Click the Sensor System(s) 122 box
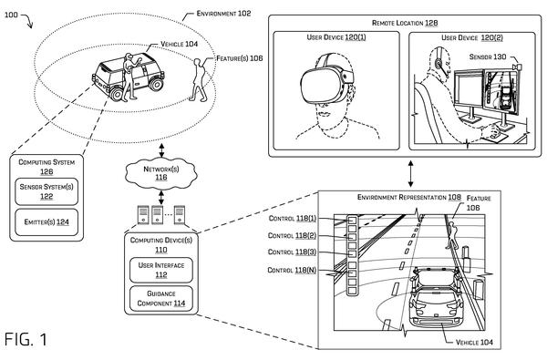[x=46, y=191]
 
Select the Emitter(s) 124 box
[x=46, y=222]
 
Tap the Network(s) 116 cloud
[x=161, y=173]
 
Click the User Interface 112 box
[x=161, y=270]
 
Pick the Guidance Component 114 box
[x=161, y=299]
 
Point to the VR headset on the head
[x=326, y=84]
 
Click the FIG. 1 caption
[x=26, y=339]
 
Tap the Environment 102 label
[x=223, y=14]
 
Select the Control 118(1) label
[x=293, y=219]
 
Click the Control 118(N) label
[x=292, y=270]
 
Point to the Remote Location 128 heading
[x=405, y=23]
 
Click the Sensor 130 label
[x=488, y=57]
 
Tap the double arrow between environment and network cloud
[x=161, y=150]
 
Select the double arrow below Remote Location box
[x=410, y=173]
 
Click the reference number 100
[x=11, y=15]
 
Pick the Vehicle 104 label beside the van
[x=179, y=44]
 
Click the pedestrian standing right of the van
[x=199, y=80]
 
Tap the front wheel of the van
[x=116, y=93]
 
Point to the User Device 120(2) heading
[x=472, y=37]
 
